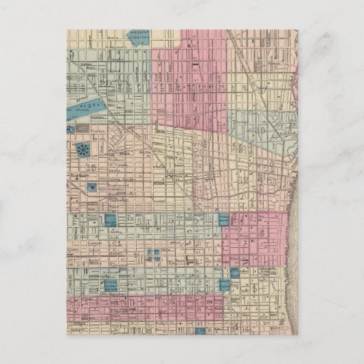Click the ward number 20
click(x=105, y=82)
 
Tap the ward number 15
click(x=91, y=167)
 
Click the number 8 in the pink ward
click(x=262, y=234)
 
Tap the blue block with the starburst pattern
click(x=83, y=149)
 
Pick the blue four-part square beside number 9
click(x=155, y=254)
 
